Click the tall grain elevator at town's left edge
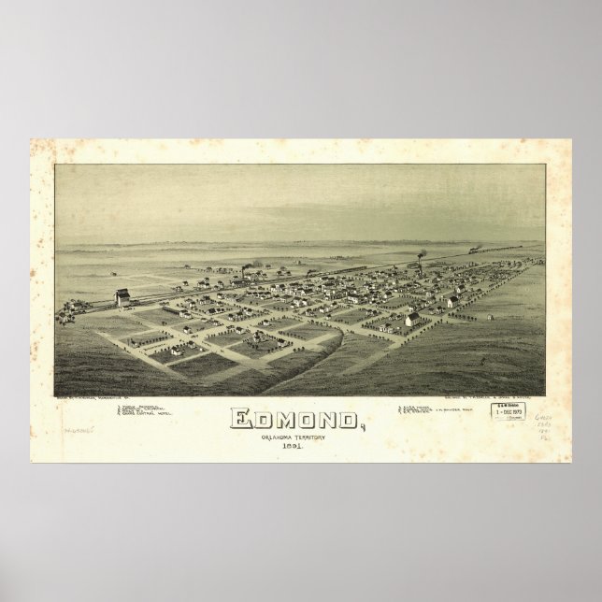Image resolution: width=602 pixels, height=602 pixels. pos(122,298)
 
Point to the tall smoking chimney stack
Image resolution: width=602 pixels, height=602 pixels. pos(420,262)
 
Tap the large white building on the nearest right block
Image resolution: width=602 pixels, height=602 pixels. pos(411,320)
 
